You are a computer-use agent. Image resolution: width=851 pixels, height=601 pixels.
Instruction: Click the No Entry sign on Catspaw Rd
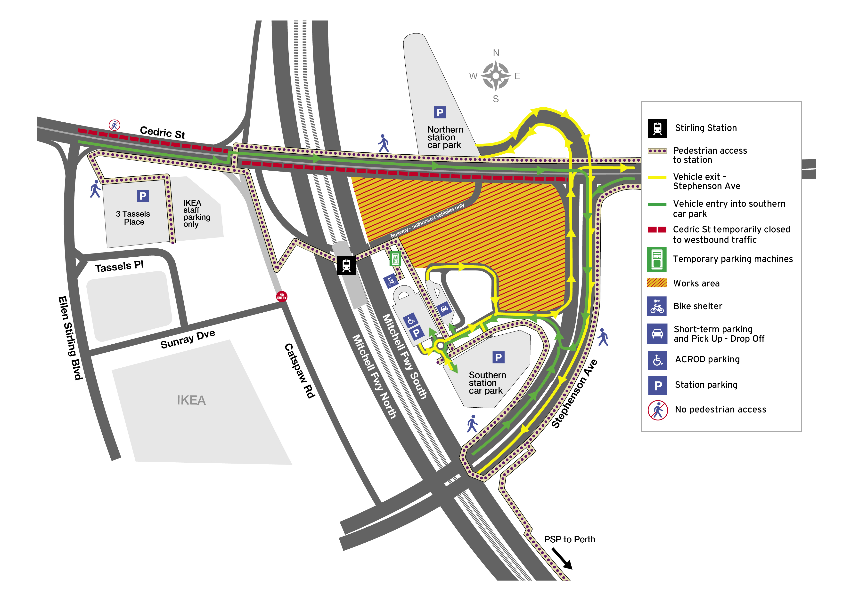point(281,296)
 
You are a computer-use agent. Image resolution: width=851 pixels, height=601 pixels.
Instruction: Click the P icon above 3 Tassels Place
point(143,196)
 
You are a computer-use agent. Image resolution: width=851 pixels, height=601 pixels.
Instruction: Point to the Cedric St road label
point(162,132)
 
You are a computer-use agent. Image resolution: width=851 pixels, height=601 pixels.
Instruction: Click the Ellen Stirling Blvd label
point(70,338)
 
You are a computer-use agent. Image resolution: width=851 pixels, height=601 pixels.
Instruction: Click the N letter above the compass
point(496,53)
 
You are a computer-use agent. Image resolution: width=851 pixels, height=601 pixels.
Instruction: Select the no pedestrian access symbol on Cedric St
point(114,125)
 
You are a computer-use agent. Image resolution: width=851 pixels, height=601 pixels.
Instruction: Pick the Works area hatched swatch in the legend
point(656,283)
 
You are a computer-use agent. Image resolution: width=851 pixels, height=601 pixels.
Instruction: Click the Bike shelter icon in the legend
point(656,306)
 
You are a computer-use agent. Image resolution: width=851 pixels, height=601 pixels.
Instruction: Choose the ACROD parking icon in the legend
point(657,360)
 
